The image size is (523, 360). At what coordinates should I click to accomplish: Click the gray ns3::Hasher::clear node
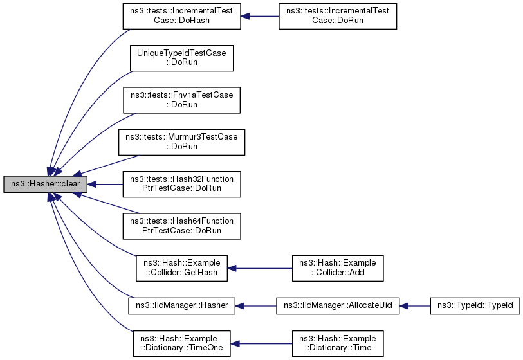[44, 184]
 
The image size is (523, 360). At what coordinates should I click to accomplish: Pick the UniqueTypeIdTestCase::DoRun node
[181, 58]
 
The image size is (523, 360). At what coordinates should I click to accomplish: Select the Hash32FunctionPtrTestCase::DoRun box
[182, 184]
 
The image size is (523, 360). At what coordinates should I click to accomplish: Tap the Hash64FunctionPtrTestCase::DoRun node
[182, 226]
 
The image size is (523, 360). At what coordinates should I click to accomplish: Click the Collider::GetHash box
[182, 267]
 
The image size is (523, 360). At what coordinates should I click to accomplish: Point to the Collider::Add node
[338, 267]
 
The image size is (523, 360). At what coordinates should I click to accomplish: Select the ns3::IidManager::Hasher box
[182, 305]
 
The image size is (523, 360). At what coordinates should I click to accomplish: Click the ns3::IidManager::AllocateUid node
[338, 305]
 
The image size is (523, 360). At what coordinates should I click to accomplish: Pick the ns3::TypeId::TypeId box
[475, 305]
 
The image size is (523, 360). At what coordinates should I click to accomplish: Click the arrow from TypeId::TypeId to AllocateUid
[414, 305]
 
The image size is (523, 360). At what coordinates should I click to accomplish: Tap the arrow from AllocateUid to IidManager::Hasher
[255, 305]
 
